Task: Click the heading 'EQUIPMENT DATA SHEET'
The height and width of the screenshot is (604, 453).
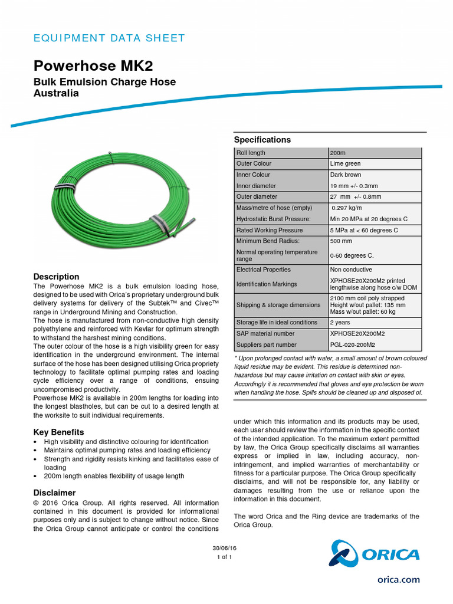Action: pos(109,38)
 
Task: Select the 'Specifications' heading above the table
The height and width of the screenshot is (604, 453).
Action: pos(262,140)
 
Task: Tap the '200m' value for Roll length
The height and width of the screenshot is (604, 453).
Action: pos(338,153)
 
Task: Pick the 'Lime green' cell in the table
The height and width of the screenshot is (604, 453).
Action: pos(346,163)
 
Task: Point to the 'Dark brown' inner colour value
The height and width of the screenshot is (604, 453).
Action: pos(345,175)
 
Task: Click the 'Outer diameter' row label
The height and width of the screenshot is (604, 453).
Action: pos(257,196)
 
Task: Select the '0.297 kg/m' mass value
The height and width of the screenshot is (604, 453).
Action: pos(347,208)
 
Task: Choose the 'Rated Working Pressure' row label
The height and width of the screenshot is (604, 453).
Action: pos(270,230)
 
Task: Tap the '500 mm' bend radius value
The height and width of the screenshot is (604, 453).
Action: pos(341,241)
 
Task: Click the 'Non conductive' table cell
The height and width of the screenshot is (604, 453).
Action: pos(351,270)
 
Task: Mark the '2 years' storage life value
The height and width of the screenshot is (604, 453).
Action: pos(340,323)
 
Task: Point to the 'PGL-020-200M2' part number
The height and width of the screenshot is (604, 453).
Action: pos(353,344)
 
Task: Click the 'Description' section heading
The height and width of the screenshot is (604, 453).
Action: pos(56,277)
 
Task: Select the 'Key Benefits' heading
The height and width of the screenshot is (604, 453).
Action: pos(59,432)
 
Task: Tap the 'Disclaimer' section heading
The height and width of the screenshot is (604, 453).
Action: pos(55,493)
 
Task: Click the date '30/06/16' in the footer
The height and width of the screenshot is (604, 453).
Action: pos(225,548)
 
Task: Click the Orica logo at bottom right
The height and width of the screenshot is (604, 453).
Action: pos(375,554)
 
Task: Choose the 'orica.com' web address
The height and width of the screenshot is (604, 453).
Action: pos(399,580)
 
